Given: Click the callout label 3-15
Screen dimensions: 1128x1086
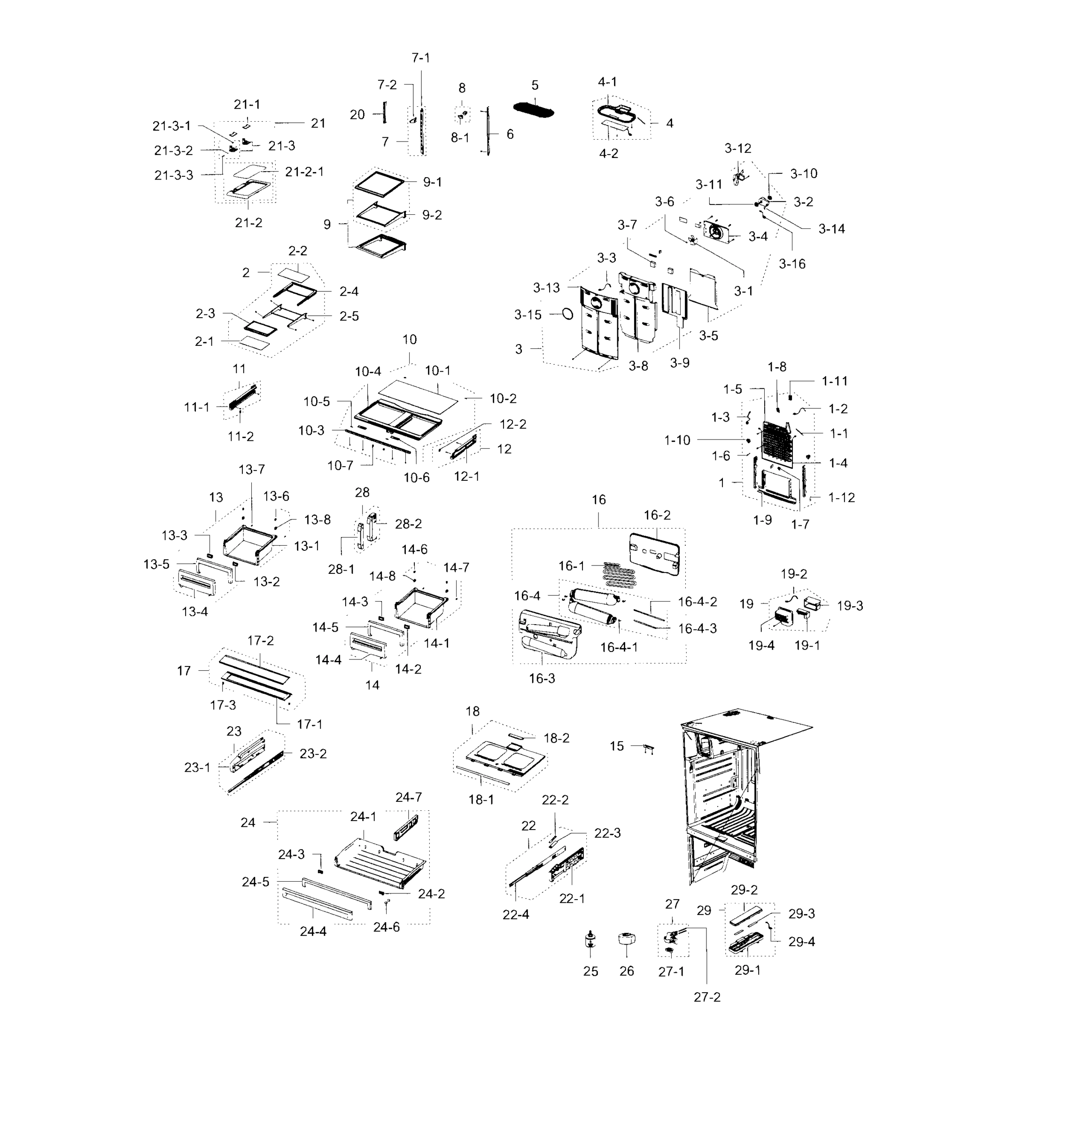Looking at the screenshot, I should (527, 315).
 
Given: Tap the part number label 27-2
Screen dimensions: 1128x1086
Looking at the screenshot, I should (706, 997).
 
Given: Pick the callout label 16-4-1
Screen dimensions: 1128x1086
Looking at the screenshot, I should (619, 647).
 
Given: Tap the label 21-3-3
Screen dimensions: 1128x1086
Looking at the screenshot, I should (173, 175).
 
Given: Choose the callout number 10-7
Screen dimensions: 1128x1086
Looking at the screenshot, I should (340, 465).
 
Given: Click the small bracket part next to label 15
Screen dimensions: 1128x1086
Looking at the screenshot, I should (649, 748).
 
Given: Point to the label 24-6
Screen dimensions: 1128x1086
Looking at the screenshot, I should (386, 926).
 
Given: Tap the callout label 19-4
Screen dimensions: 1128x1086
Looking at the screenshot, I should (761, 645).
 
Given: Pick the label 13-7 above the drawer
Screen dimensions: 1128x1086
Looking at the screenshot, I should (251, 470).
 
